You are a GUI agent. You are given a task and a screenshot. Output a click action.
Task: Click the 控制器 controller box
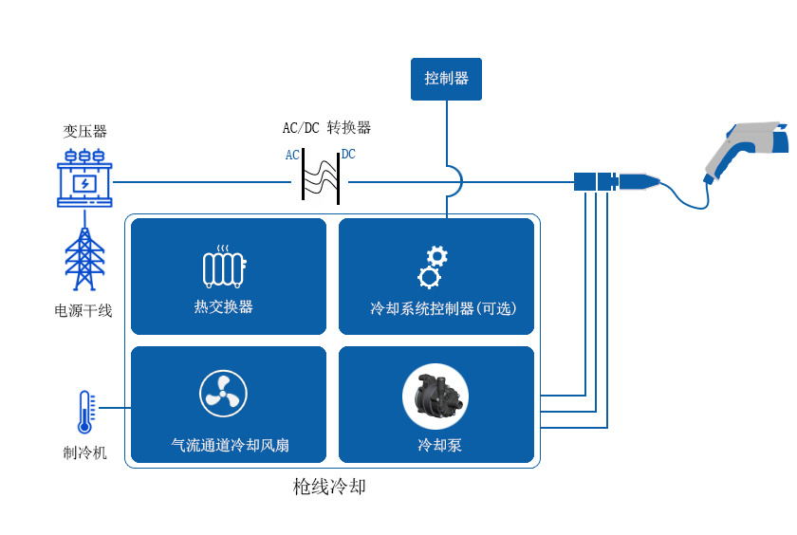point(446,79)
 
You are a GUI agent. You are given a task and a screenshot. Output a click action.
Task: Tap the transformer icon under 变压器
point(84,177)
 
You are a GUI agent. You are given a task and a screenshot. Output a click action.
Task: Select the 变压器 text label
point(84,131)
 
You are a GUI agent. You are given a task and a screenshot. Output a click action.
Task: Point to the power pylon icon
point(84,259)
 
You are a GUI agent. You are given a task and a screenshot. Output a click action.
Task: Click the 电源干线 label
point(83,310)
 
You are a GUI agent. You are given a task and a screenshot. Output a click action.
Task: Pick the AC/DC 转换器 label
point(326,128)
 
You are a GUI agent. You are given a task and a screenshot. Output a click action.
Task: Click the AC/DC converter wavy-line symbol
point(321,176)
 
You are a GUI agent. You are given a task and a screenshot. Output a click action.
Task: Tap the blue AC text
point(292,155)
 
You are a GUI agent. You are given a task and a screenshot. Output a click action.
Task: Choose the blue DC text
point(348,155)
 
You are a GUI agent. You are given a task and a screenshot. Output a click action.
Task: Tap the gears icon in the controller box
point(433,266)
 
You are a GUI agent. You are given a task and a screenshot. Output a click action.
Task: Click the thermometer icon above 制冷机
point(84,414)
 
